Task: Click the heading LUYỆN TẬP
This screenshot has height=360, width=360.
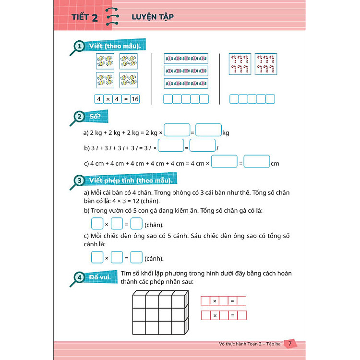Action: pyautogui.click(x=153, y=17)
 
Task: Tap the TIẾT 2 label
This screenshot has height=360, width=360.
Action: pyautogui.click(x=84, y=18)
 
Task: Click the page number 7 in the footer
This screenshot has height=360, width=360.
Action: pyautogui.click(x=289, y=344)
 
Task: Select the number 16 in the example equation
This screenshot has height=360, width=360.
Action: pyautogui.click(x=135, y=99)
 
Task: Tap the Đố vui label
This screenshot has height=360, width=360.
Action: pyautogui.click(x=100, y=277)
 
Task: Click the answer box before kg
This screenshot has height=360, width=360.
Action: pyautogui.click(x=208, y=131)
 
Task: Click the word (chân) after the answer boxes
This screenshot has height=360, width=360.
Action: pyautogui.click(x=154, y=225)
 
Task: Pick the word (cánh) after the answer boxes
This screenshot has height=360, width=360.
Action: pyautogui.click(x=154, y=259)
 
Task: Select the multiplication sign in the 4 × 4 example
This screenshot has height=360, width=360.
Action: pyautogui.click(x=108, y=99)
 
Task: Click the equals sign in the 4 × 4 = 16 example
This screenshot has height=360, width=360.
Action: pyautogui.click(x=125, y=99)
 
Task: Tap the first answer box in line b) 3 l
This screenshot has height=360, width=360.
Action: pyautogui.click(x=171, y=146)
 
